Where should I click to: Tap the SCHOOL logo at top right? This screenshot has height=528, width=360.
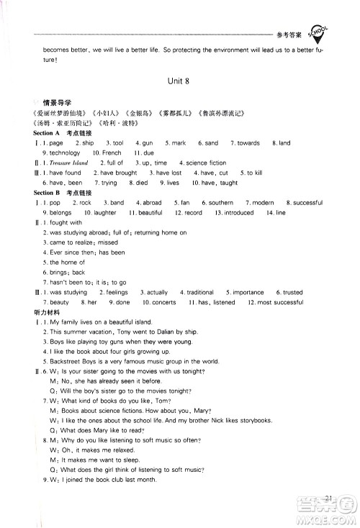point(318,32)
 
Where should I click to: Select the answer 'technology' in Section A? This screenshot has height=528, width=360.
point(65,153)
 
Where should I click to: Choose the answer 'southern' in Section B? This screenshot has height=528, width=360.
point(221,204)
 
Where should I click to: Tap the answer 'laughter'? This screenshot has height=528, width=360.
point(105,214)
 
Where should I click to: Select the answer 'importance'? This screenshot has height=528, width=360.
point(248,293)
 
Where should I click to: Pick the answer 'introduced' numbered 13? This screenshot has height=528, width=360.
point(239,214)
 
